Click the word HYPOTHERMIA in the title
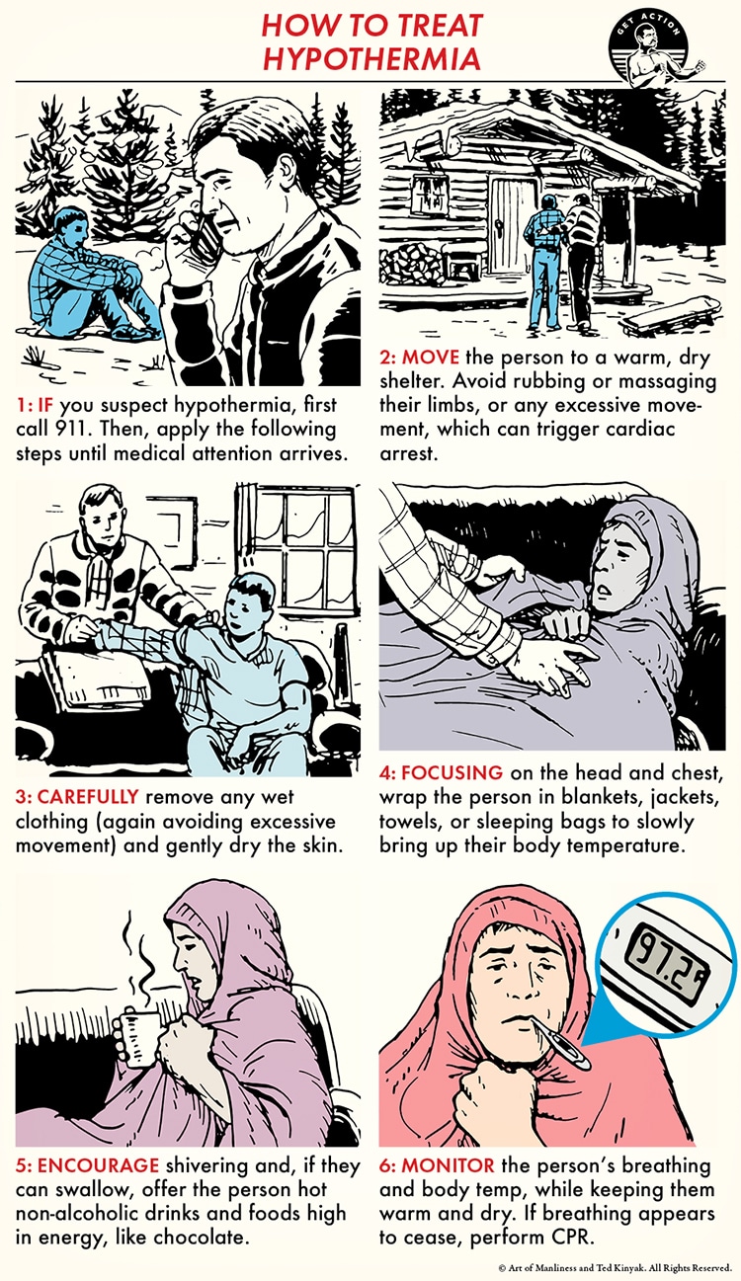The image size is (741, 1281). click(x=370, y=57)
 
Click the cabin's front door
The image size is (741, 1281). click(x=511, y=227)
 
